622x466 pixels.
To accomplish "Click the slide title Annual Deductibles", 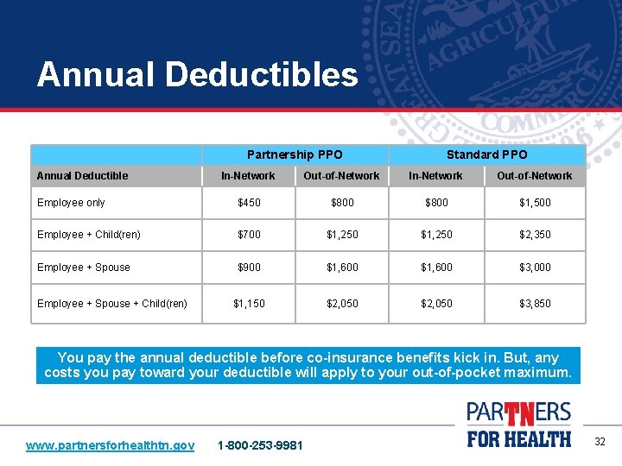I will [x=197, y=74].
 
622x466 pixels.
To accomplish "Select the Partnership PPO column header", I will [x=295, y=154].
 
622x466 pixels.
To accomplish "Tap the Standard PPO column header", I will [x=486, y=154].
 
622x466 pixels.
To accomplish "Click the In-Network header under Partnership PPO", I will [x=248, y=175].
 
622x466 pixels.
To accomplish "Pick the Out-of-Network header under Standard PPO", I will [x=534, y=175].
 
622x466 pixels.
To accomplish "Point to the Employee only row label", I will [x=71, y=203].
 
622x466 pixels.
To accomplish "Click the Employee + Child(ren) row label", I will [x=89, y=235].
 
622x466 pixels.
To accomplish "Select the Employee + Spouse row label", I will [x=84, y=268].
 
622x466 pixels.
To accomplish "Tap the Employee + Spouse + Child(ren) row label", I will [x=112, y=304].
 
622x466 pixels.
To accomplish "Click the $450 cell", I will [x=249, y=203].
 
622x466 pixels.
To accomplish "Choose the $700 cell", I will [x=249, y=235].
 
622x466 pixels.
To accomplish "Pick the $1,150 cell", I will [x=249, y=304].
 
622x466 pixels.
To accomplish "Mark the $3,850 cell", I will [x=535, y=304].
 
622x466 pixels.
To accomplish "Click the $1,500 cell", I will [x=535, y=203].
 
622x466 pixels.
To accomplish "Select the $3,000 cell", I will [x=535, y=268].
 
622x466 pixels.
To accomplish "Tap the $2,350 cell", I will [x=535, y=235].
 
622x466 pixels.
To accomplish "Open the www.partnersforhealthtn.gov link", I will [x=110, y=445].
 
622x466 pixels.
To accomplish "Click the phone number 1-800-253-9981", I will [x=260, y=445].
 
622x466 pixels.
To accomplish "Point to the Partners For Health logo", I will [x=518, y=424].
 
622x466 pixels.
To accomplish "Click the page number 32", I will [x=600, y=442].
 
